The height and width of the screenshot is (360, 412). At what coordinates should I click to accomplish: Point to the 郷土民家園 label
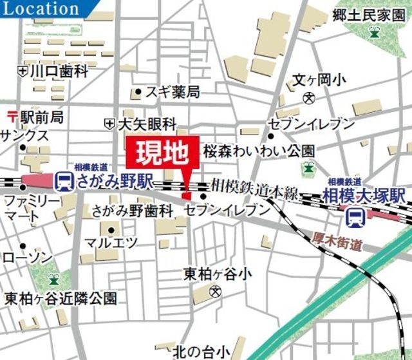point(369,15)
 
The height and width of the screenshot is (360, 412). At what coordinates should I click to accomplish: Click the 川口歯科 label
point(59,71)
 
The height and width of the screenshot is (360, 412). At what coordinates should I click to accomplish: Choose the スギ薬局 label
point(172,92)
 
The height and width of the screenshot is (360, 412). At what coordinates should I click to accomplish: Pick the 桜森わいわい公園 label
point(259,151)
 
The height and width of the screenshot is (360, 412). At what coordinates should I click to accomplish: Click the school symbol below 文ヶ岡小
point(310,99)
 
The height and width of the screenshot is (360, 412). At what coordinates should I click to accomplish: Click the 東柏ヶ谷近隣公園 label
point(61,299)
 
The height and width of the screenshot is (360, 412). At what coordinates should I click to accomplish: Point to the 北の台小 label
point(200,352)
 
